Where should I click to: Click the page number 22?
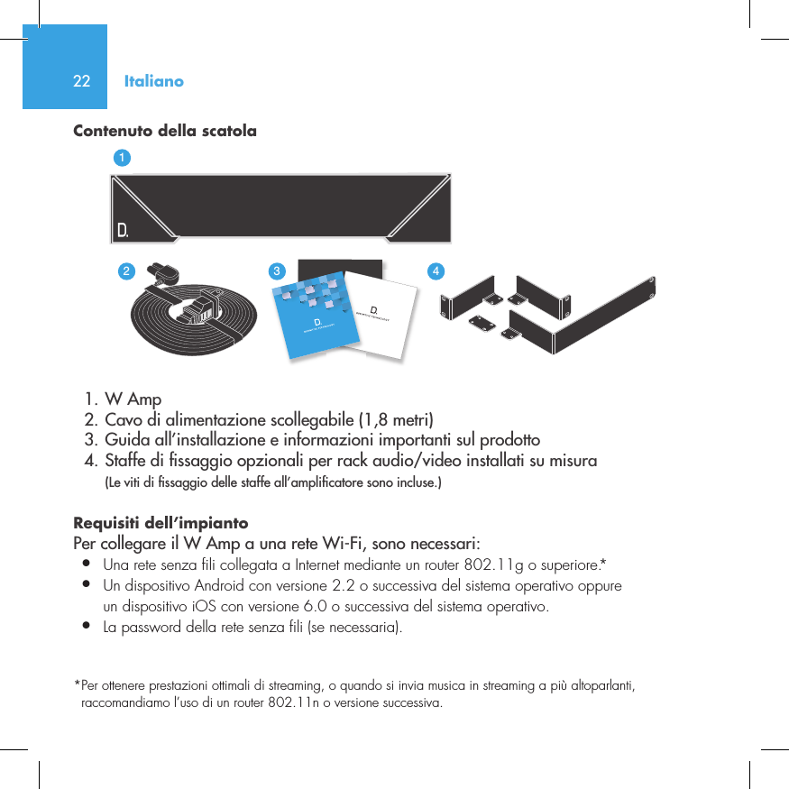click(x=81, y=81)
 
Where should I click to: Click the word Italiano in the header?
click(x=153, y=81)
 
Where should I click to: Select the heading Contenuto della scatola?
click(x=164, y=131)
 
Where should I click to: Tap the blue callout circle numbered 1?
click(x=122, y=158)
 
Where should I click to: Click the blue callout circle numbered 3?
click(x=279, y=271)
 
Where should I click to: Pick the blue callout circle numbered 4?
click(x=436, y=271)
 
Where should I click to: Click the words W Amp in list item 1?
click(x=133, y=399)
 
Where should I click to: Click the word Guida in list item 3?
click(x=125, y=441)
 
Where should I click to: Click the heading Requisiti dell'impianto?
click(x=161, y=523)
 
